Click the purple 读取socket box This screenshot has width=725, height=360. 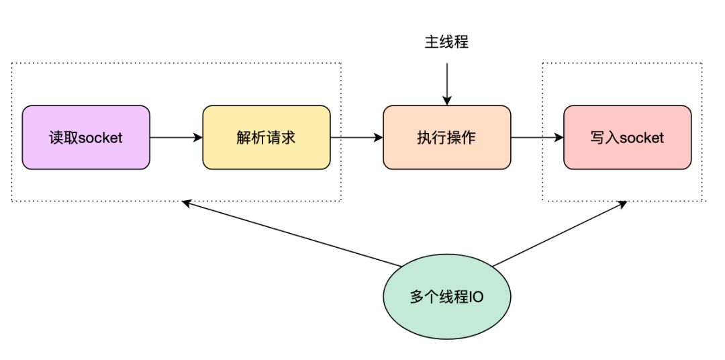86,137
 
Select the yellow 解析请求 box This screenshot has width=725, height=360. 267,137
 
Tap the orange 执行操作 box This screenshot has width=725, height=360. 446,137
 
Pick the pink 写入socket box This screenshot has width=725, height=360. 627,137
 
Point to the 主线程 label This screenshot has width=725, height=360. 446,42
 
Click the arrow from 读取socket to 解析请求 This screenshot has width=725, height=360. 176,137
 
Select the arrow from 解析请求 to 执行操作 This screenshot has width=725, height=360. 356,137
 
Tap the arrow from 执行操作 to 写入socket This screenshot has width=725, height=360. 537,137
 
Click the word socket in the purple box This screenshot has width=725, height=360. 101,138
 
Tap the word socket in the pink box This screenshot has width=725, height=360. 642,138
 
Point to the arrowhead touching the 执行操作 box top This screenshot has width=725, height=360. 446,101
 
